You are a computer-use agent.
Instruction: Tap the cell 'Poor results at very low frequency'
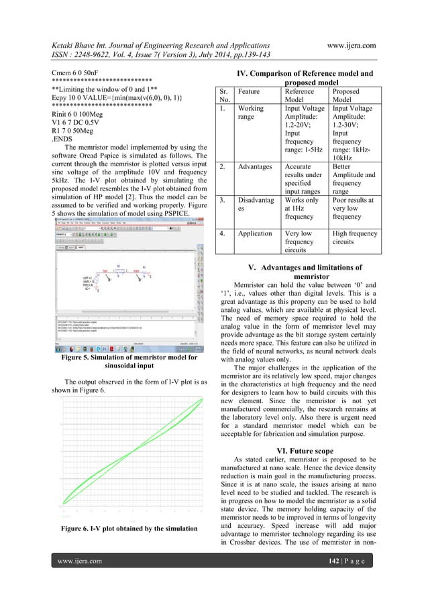tap(362, 208)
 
